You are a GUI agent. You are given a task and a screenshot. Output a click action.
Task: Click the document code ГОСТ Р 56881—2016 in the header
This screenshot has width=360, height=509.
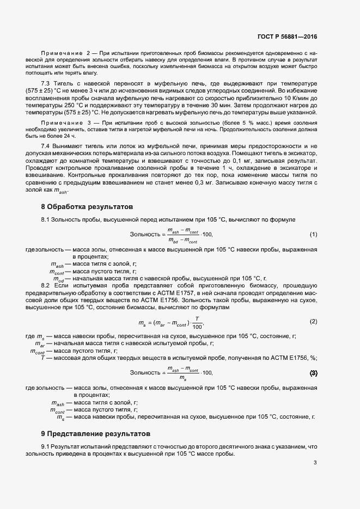point(286,36)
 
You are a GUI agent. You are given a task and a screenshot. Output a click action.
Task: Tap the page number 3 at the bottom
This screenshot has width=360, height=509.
point(315,463)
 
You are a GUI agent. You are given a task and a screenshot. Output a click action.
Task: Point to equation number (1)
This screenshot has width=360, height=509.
point(313,234)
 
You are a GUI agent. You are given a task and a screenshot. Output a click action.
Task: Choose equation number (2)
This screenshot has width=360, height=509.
point(313,321)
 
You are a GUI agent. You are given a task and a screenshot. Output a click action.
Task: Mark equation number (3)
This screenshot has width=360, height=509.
point(313,373)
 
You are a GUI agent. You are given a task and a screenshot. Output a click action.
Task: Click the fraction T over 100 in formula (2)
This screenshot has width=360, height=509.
point(197,323)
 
